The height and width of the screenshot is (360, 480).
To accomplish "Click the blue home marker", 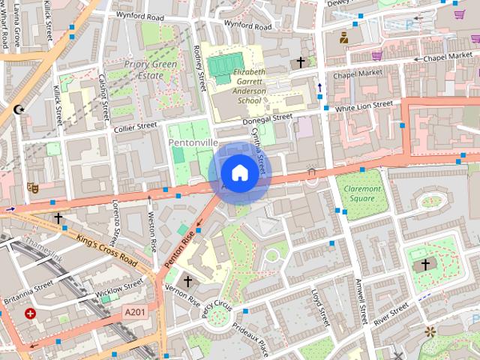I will (238, 173).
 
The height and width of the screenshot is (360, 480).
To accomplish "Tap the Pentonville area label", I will (193, 142).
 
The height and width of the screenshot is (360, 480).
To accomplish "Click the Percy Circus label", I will (212, 307).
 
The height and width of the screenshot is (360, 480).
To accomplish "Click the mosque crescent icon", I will (19, 110).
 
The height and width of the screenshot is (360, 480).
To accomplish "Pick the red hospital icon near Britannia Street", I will (30, 313).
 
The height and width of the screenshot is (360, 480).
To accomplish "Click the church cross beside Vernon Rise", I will (187, 280).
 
